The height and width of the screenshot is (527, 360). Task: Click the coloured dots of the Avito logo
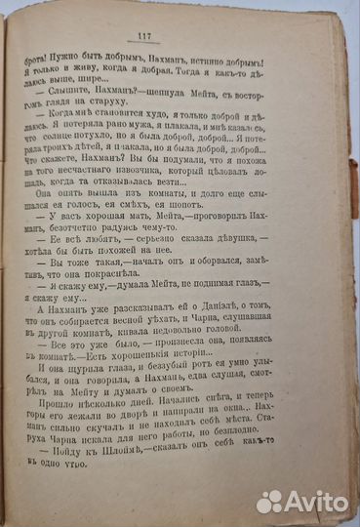(x=269, y=503)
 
